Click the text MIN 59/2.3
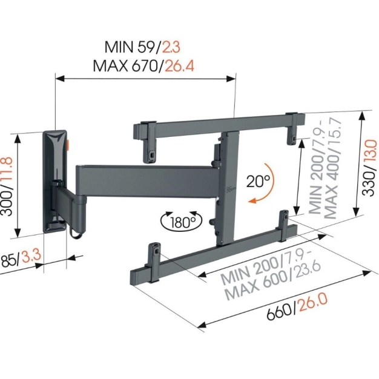pos(142,47)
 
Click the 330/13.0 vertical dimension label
pos(369,167)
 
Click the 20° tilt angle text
pos(257,180)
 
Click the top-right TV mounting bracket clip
pos(293,128)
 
